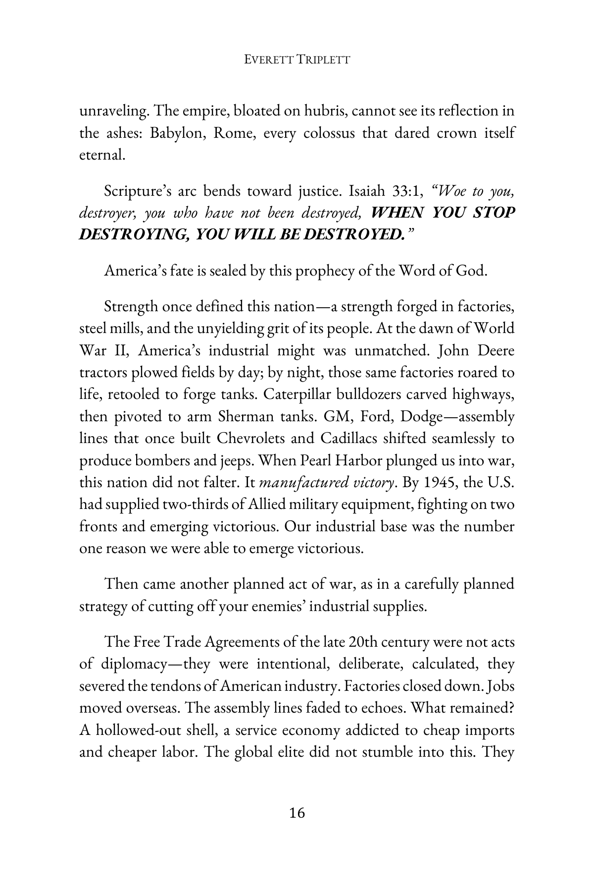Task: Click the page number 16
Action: (297, 813)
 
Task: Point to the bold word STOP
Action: (490, 213)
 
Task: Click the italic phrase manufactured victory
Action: (327, 483)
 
